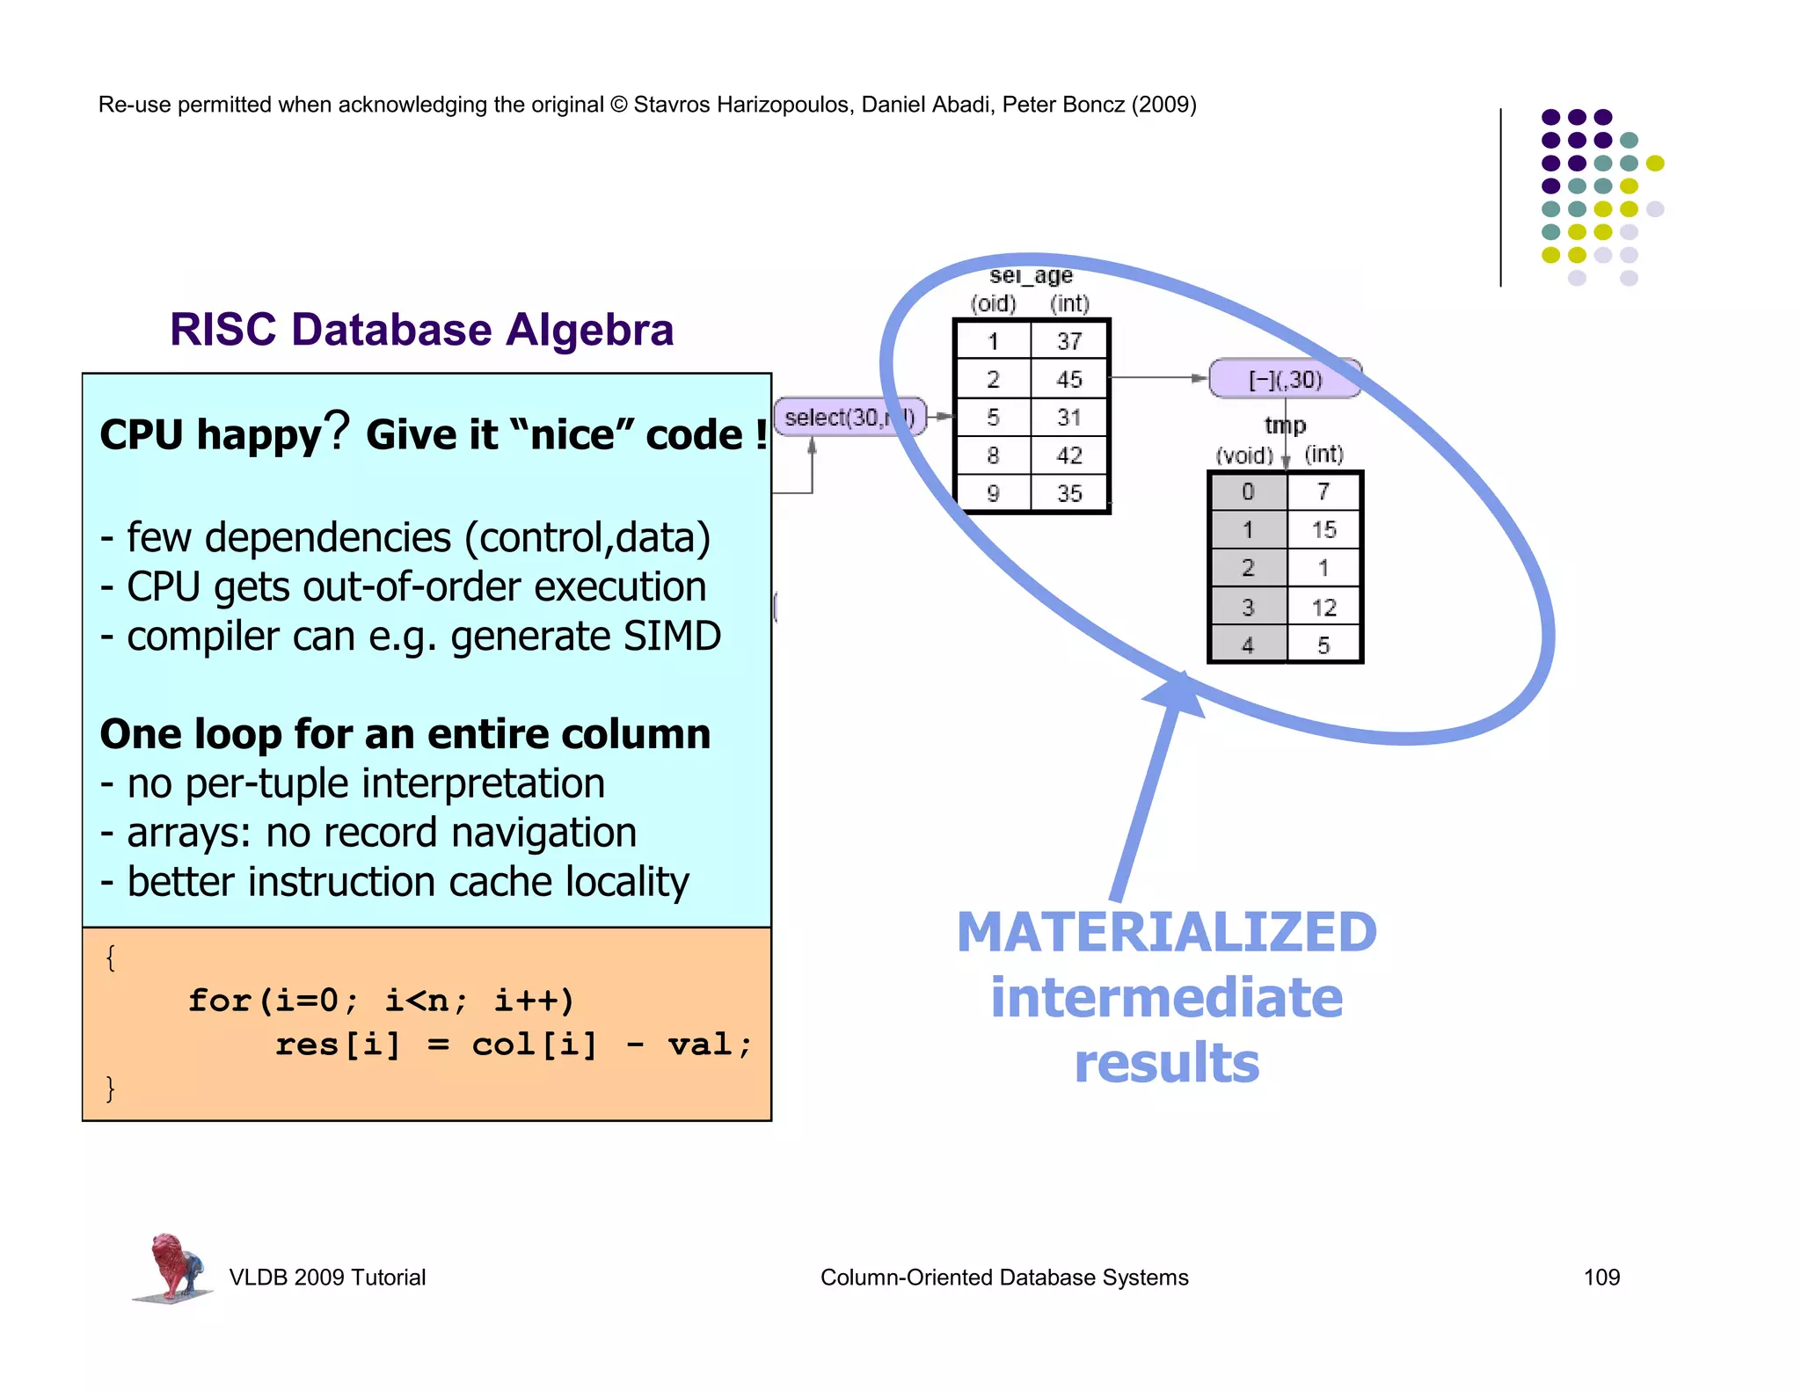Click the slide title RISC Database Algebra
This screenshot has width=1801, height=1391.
click(x=421, y=330)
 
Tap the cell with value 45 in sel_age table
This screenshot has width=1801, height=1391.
click(x=1068, y=379)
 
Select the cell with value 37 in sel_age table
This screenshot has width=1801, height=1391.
click(x=1068, y=341)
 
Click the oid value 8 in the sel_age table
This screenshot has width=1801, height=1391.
click(x=993, y=455)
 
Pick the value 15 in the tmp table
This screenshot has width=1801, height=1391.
click(x=1323, y=530)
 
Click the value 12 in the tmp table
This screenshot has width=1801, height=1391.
click(x=1323, y=608)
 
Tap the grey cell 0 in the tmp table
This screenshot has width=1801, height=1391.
click(x=1248, y=492)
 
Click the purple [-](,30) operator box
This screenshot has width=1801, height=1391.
click(x=1284, y=379)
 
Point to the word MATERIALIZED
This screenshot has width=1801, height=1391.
click(x=1166, y=933)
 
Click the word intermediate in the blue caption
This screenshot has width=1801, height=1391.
click(x=1166, y=998)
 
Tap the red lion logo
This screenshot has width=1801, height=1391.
click(x=173, y=1266)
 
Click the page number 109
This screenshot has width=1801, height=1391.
click(x=1600, y=1277)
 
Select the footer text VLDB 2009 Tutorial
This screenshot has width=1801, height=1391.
click(x=327, y=1277)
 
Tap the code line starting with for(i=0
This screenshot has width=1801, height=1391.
click(x=380, y=1001)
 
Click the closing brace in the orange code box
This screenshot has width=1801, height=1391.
click(x=110, y=1088)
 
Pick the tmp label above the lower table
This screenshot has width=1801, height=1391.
click(x=1285, y=426)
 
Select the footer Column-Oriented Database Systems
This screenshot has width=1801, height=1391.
click(x=1003, y=1277)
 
